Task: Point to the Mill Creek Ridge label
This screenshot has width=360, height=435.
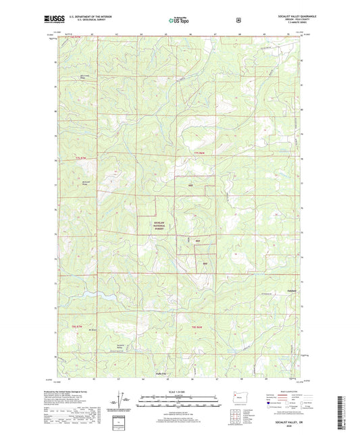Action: [x=84, y=76]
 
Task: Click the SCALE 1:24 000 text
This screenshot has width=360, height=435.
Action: [x=179, y=391]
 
